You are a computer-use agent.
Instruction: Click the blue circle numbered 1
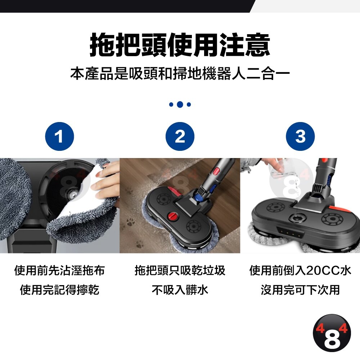tap(59, 136)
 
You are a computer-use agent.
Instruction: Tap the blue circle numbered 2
tap(180, 136)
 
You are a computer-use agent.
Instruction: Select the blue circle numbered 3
tap(300, 136)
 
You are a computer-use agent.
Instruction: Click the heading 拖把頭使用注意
tap(180, 45)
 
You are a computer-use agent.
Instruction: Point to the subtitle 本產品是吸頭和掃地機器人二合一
tap(180, 73)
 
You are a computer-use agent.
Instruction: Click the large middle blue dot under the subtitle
tap(180, 104)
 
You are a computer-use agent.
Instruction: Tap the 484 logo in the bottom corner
tap(332, 333)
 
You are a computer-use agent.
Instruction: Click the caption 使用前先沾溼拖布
tap(59, 270)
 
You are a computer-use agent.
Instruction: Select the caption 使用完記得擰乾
tap(59, 290)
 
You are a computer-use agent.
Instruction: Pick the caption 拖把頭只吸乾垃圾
tap(180, 270)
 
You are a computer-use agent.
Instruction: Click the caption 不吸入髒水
tap(180, 290)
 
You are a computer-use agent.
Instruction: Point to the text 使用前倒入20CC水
tap(300, 270)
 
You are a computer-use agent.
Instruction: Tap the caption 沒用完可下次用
tap(300, 290)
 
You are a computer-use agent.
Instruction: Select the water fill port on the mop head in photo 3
tap(297, 217)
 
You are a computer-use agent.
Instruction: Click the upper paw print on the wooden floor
tap(129, 192)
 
